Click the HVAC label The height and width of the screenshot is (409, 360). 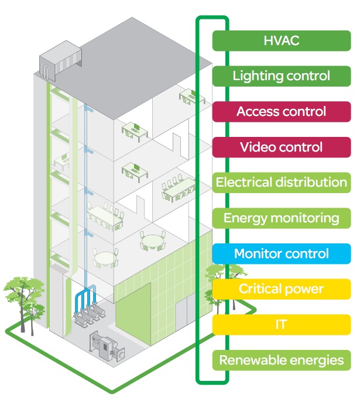[281, 40]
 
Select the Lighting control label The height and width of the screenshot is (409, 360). [281, 75]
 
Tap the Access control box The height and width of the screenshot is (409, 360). [281, 111]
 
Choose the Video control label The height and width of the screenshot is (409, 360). [281, 147]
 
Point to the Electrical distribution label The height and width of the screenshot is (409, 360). [281, 183]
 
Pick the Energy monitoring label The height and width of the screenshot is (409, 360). [281, 218]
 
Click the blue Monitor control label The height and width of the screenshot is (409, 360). [281, 254]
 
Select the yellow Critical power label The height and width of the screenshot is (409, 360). [281, 289]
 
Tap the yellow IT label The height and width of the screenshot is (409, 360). [281, 324]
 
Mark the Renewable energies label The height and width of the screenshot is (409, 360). [281, 360]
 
